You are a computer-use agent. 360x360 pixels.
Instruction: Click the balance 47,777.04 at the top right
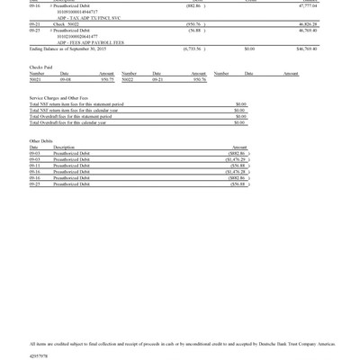coord(308,5)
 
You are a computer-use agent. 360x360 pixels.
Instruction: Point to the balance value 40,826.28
coord(308,24)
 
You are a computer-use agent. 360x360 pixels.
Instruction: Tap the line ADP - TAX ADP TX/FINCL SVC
coord(88,18)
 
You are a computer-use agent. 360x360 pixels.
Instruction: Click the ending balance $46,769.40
coord(306,49)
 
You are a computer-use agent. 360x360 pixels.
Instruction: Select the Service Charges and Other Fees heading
coord(58,97)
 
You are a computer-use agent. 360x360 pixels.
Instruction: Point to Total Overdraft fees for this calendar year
coord(73,122)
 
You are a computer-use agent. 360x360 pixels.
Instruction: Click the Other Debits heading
coord(40,141)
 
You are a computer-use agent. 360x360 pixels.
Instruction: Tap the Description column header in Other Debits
coord(65,148)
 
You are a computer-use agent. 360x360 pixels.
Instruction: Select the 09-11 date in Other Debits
coord(34,166)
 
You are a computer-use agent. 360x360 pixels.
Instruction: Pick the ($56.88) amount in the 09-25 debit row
coord(238,184)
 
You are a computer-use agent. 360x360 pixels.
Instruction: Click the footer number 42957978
coord(39,356)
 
